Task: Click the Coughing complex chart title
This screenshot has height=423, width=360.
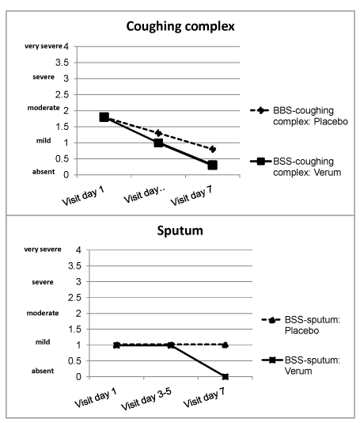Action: click(x=180, y=26)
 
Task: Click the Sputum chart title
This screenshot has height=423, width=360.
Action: click(x=180, y=231)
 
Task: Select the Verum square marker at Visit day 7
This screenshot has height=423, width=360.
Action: click(x=212, y=165)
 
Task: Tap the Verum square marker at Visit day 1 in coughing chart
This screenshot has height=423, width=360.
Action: click(x=104, y=117)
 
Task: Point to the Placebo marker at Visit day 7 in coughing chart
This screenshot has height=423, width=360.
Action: click(x=213, y=149)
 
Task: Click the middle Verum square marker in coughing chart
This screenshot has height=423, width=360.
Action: click(x=158, y=143)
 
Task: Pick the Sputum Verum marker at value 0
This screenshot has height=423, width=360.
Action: click(x=225, y=376)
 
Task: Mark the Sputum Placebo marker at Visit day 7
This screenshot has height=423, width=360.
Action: click(x=225, y=345)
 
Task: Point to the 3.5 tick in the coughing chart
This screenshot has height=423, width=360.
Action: click(x=63, y=63)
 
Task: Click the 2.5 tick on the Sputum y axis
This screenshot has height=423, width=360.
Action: click(x=74, y=298)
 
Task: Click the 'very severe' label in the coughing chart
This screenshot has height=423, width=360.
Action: click(x=44, y=46)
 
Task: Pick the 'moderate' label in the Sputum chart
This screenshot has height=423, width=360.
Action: click(x=43, y=313)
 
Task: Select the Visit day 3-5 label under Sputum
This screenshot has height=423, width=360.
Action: click(x=147, y=399)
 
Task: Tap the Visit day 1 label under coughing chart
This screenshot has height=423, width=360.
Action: click(x=83, y=196)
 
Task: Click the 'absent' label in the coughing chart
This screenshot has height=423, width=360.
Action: click(x=44, y=172)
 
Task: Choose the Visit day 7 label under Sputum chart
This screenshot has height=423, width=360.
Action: click(x=204, y=398)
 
